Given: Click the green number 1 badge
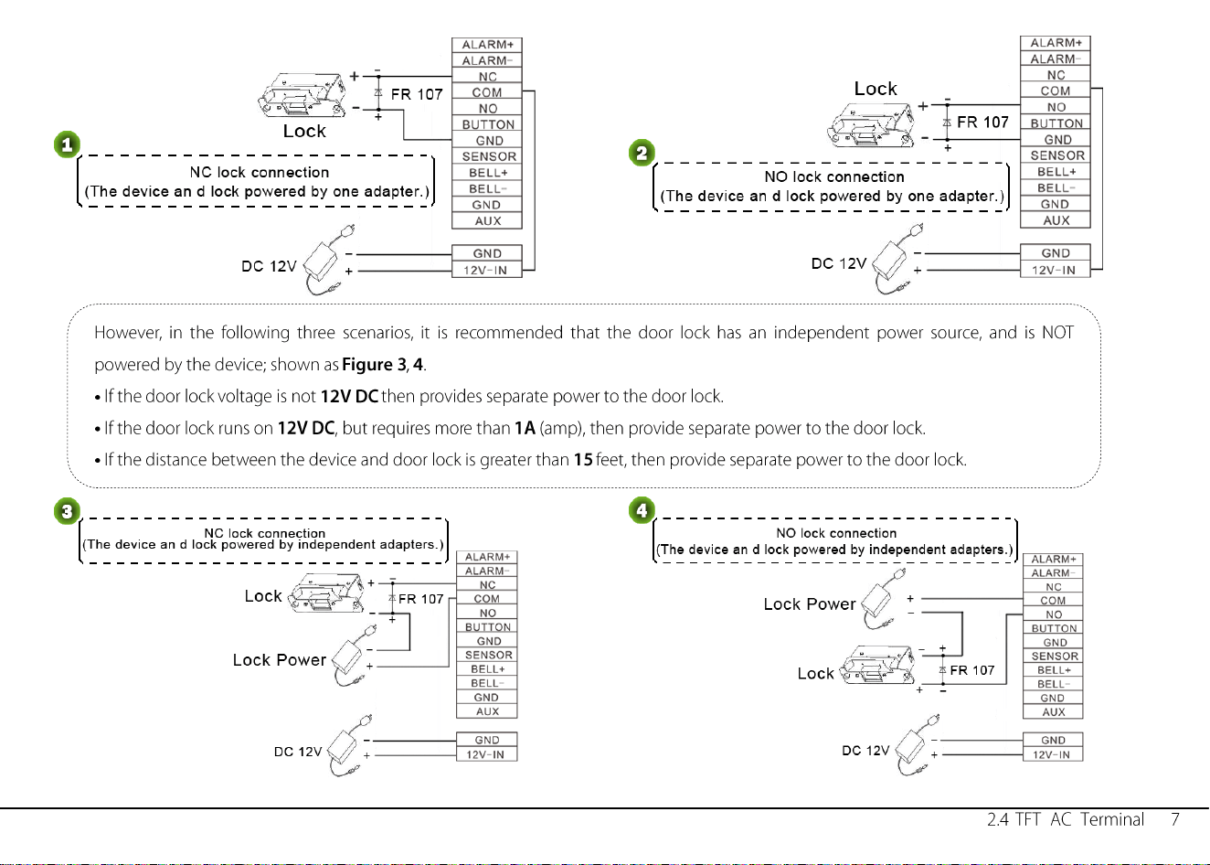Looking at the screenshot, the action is (x=67, y=144).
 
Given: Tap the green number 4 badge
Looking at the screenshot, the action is (x=642, y=510).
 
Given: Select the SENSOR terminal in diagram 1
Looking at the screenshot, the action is (x=487, y=156).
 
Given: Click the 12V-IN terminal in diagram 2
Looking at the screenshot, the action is (x=1055, y=270).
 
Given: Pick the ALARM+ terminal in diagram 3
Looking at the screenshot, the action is (x=487, y=557).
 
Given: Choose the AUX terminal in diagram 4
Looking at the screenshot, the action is (x=1053, y=712).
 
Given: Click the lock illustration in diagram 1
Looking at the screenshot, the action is (x=302, y=96).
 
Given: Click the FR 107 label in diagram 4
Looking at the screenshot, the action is (x=971, y=670).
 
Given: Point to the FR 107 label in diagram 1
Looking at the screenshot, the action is (x=417, y=94).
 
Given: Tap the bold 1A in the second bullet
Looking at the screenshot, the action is (x=525, y=428).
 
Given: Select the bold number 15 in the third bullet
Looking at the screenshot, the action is (x=583, y=460).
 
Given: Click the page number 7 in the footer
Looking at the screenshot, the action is (x=1175, y=819).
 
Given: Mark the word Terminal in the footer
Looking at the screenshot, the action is (x=1111, y=819).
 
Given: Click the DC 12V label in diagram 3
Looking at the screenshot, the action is (x=298, y=752).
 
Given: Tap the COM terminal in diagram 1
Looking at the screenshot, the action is (x=487, y=93).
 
